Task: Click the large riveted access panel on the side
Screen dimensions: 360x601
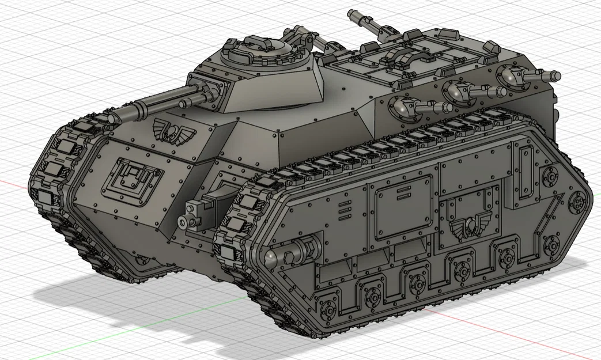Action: click(x=402, y=208)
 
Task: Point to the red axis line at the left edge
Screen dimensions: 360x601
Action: click(x=12, y=184)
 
